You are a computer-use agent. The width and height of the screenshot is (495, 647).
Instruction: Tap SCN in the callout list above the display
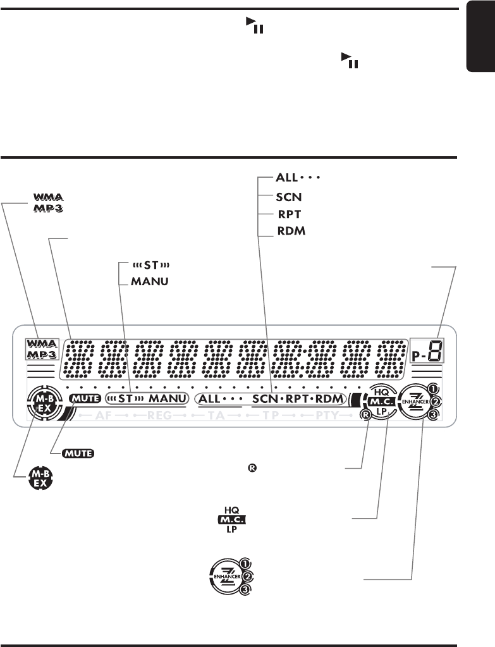click(289, 196)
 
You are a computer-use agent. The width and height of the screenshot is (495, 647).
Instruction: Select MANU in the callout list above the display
click(150, 281)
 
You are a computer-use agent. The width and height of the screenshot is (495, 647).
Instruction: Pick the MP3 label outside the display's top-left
click(50, 208)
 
